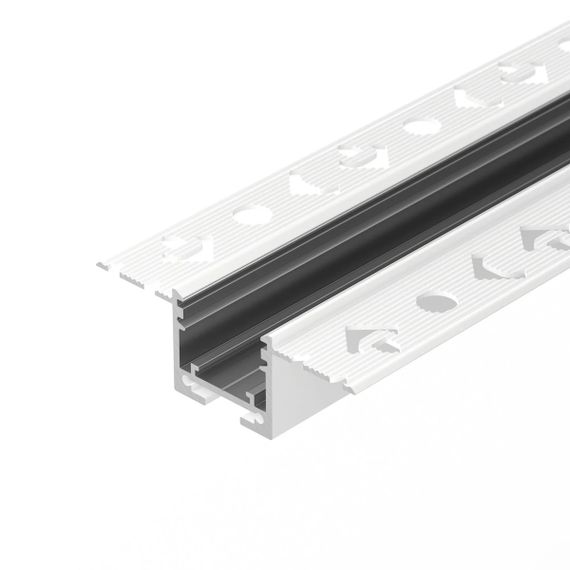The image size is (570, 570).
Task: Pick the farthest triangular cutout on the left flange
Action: coord(469,98)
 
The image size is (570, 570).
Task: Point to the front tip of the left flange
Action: coord(103,266)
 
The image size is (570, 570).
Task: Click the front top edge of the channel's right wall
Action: coord(266,344)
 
